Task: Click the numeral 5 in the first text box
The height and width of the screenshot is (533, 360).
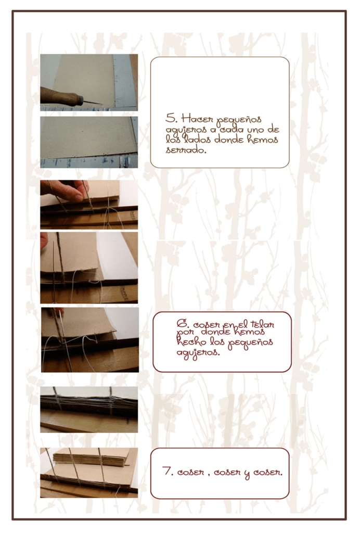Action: tap(170, 118)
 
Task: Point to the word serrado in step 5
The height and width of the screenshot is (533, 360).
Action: tap(186, 149)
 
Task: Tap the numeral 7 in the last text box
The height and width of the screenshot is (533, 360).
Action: tap(167, 471)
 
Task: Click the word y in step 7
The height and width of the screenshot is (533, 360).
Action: tap(247, 473)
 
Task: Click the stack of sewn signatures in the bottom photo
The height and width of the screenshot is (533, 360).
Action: tap(91, 457)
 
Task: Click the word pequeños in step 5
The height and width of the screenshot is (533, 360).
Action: tap(239, 120)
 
